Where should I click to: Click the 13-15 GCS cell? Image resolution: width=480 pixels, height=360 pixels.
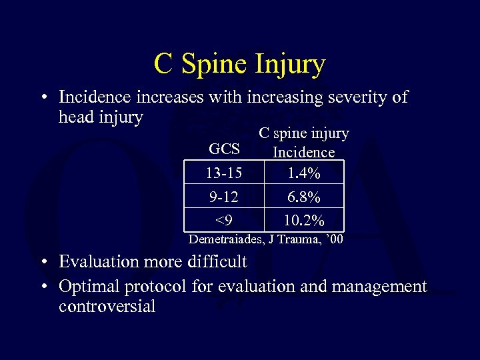coord(224,173)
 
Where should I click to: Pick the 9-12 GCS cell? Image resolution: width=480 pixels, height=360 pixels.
coord(224,197)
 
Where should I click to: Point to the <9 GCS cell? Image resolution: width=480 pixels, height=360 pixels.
coord(224,219)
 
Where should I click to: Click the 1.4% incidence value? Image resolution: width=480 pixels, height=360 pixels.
coord(303,173)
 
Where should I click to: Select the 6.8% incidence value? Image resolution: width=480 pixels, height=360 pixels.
coord(303,197)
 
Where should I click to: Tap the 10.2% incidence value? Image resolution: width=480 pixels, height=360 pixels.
coord(303,219)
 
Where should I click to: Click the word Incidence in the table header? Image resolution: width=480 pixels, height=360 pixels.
coord(303,152)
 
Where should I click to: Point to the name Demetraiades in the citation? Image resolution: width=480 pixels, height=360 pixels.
coord(227,239)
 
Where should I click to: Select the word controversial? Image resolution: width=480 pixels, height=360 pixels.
coord(107,307)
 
